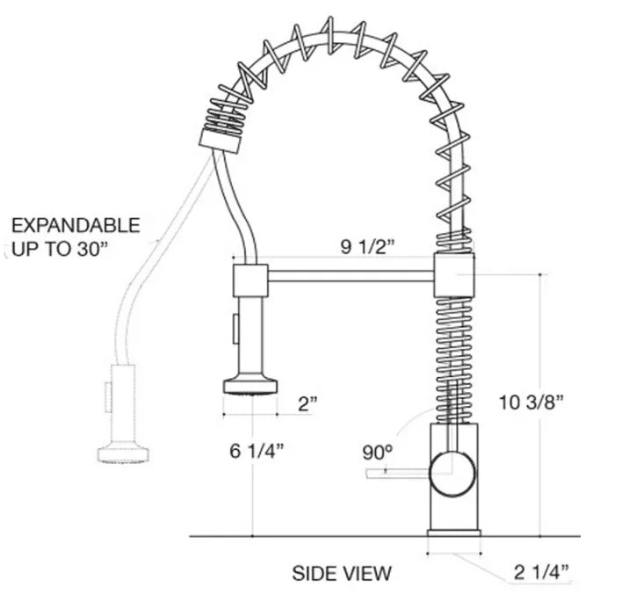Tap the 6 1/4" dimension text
[257, 451]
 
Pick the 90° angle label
[377, 454]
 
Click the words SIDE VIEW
[342, 574]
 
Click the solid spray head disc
[251, 384]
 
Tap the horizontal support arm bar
[351, 276]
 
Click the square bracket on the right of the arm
[454, 276]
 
